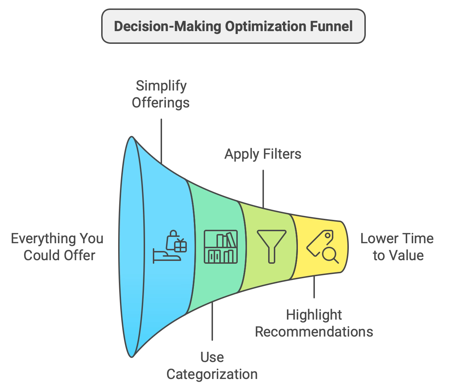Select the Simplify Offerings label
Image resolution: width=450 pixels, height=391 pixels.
click(161, 94)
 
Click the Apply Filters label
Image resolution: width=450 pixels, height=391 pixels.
click(263, 154)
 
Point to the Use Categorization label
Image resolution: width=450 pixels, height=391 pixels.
click(212, 366)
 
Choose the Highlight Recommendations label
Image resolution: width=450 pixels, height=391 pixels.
click(314, 323)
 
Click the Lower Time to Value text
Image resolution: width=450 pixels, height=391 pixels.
click(397, 247)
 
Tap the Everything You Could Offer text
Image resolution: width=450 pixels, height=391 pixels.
click(57, 247)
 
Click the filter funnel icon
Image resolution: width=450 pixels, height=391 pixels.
click(271, 246)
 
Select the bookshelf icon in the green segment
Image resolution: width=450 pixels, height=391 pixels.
click(221, 246)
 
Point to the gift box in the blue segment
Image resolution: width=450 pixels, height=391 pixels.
click(180, 245)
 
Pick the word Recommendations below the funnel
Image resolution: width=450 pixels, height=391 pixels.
click(314, 332)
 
